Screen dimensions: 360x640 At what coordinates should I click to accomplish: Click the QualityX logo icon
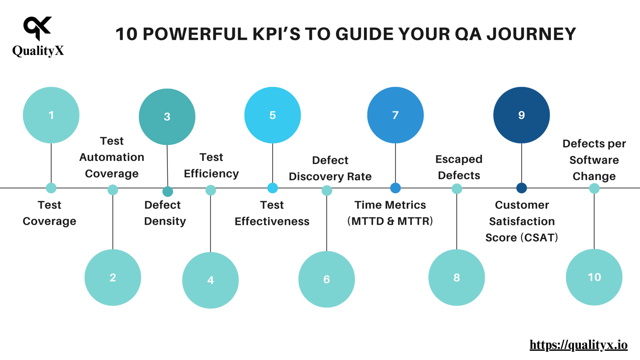click(x=37, y=28)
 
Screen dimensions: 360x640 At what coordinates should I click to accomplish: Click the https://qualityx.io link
click(x=578, y=345)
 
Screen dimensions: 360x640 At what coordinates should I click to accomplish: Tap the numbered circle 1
click(x=51, y=115)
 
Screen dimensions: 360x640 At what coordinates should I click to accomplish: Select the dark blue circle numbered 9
click(x=521, y=115)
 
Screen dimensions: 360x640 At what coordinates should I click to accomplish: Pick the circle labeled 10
click(x=594, y=277)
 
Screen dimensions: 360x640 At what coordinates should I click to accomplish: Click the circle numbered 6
click(x=327, y=279)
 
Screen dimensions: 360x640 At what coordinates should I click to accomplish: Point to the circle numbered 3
click(x=167, y=117)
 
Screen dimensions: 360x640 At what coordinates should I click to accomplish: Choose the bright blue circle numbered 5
click(x=272, y=115)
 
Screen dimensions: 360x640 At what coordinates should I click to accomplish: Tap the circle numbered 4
click(x=210, y=280)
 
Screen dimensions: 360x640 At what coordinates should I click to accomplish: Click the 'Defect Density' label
click(x=165, y=213)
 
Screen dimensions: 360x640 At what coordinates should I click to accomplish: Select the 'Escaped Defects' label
click(x=459, y=167)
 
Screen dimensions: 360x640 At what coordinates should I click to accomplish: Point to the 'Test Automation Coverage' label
click(x=112, y=157)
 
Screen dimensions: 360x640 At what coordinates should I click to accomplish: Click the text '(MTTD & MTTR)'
click(x=390, y=221)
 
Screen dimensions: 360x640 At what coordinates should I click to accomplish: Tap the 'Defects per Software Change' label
click(x=594, y=160)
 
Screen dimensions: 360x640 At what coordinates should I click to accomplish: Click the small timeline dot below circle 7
click(x=395, y=188)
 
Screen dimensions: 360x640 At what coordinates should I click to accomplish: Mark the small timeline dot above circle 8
click(x=457, y=189)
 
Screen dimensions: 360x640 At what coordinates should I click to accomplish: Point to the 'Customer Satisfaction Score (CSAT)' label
click(x=522, y=221)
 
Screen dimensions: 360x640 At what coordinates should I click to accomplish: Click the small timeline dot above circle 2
click(x=113, y=190)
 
